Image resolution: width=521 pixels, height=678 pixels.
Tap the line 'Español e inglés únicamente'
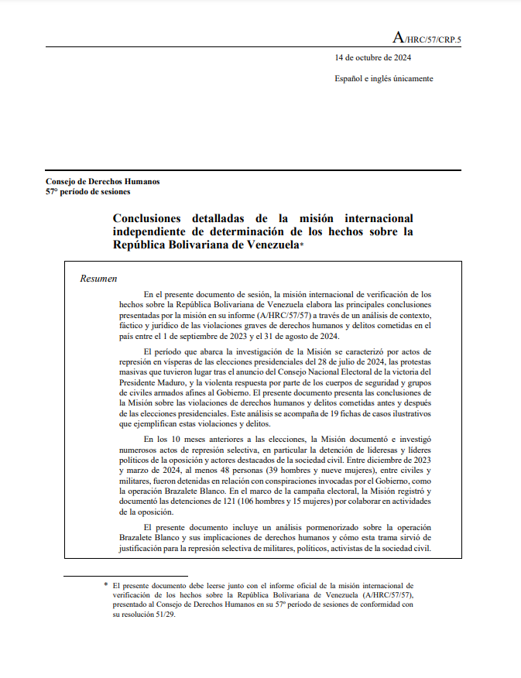pos(383,78)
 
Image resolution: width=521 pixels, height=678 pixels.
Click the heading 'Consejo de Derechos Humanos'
pos(103,181)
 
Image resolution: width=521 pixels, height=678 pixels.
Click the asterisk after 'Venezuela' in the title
pos(302,245)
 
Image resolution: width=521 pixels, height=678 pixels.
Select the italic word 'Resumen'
pos(99,278)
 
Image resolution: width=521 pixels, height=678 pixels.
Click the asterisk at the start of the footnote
pos(106,585)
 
